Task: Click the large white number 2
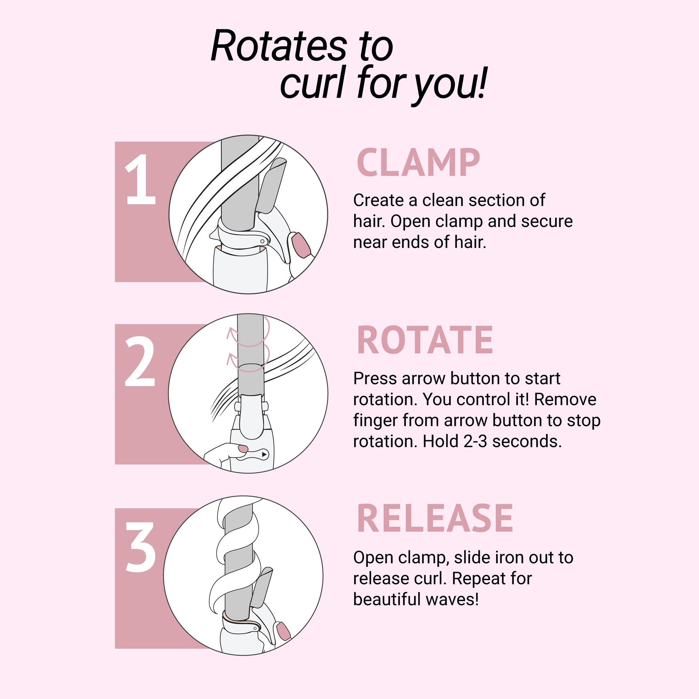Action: (140, 362)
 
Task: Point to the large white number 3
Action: (141, 547)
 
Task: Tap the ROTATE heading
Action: (425, 341)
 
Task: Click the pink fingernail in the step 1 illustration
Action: (301, 245)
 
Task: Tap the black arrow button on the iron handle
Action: (264, 454)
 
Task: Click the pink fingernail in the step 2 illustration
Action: (243, 449)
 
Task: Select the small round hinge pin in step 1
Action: (262, 241)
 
